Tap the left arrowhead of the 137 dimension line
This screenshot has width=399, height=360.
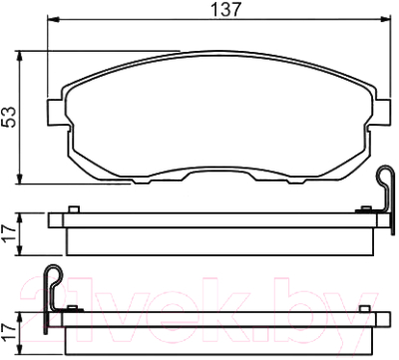click(x=50, y=22)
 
